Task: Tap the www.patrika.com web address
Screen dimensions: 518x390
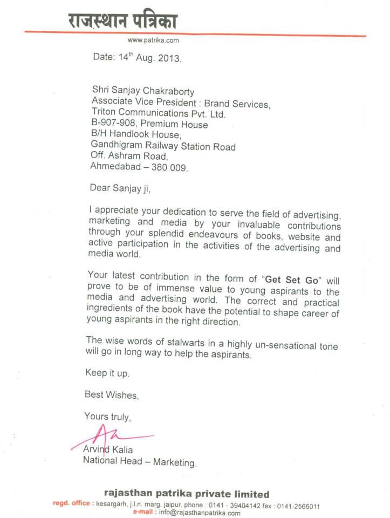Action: tap(153, 40)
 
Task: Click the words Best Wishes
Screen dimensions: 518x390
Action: tap(111, 394)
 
